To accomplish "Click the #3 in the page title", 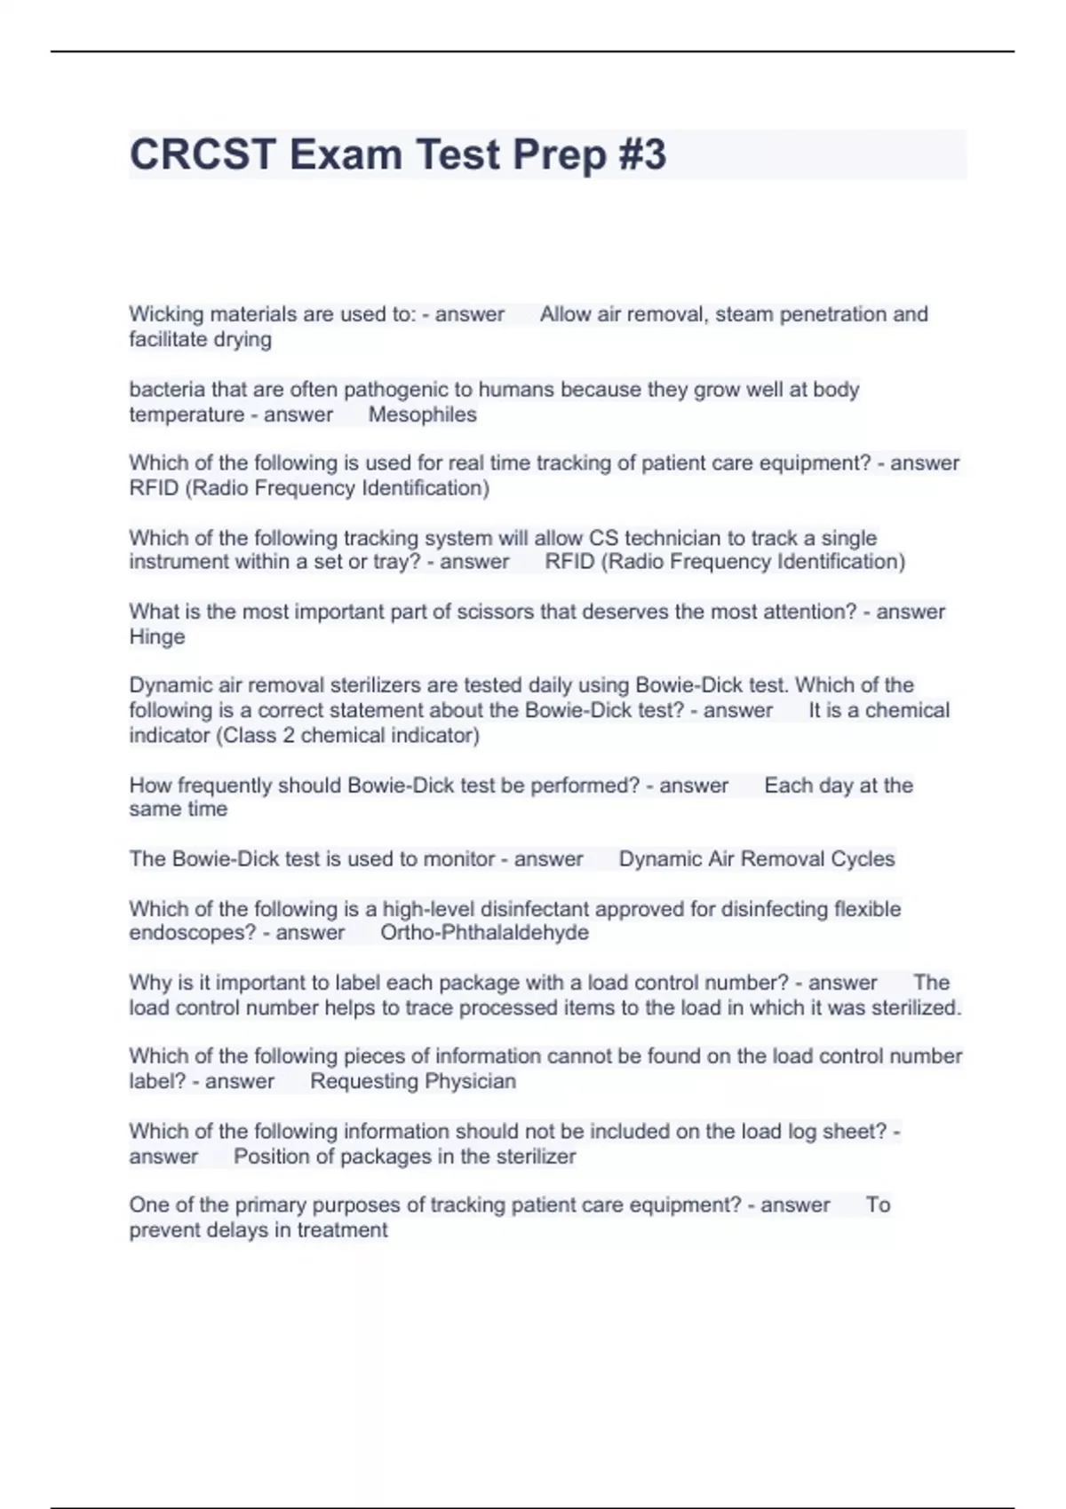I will coord(638,154).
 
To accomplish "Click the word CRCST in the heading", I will coord(203,154).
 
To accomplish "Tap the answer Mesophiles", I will coord(422,415).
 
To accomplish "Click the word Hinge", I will coord(157,636).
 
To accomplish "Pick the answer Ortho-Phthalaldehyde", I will coord(484,933).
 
